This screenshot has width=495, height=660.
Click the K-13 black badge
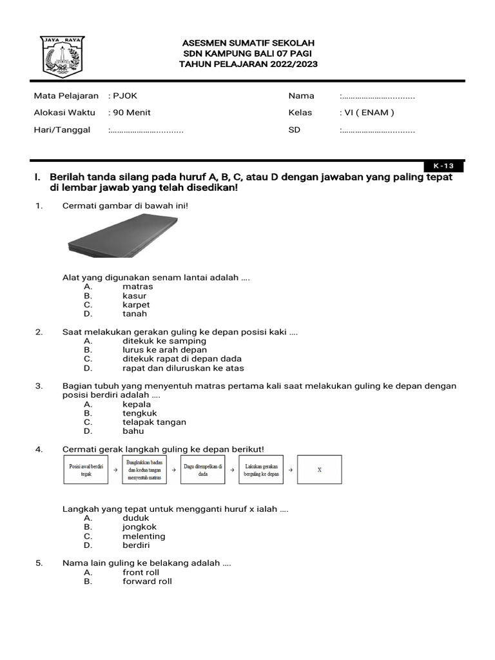coord(443,166)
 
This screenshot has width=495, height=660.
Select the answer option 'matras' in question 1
coord(138,287)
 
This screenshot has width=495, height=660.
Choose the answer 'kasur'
coord(135,296)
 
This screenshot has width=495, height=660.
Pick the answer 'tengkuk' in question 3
coord(140,413)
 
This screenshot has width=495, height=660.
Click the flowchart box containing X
coord(320,470)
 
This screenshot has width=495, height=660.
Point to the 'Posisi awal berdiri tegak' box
coord(86,470)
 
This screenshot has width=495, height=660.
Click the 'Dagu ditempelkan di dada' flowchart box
coord(202,470)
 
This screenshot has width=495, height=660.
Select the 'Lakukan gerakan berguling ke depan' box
coord(261,470)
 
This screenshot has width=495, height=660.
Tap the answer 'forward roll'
coord(148,581)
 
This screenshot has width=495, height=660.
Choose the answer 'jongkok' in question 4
coord(140,527)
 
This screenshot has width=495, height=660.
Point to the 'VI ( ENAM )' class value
coord(367,112)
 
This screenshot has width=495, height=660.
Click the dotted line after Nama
coord(378,96)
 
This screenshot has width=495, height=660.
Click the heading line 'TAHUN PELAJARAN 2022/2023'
coord(248,64)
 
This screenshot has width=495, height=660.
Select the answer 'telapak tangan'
coord(154,422)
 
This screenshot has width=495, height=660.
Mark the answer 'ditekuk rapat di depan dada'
coord(182,359)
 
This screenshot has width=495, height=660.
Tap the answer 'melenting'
coord(144,536)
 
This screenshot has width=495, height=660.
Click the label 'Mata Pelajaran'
coord(66,96)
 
